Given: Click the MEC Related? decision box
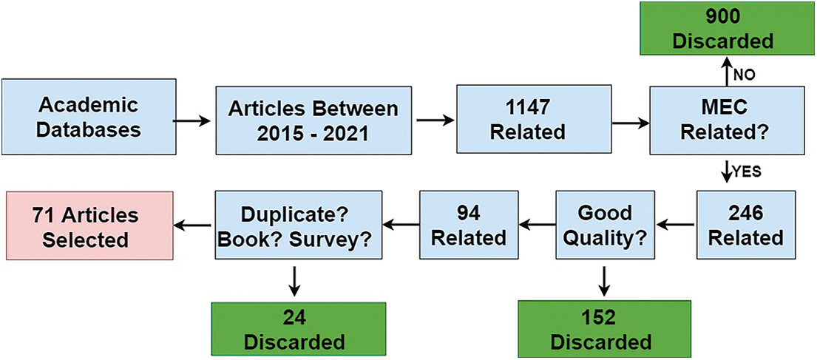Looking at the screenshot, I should point(723,120).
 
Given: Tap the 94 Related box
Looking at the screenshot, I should point(469,225).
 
